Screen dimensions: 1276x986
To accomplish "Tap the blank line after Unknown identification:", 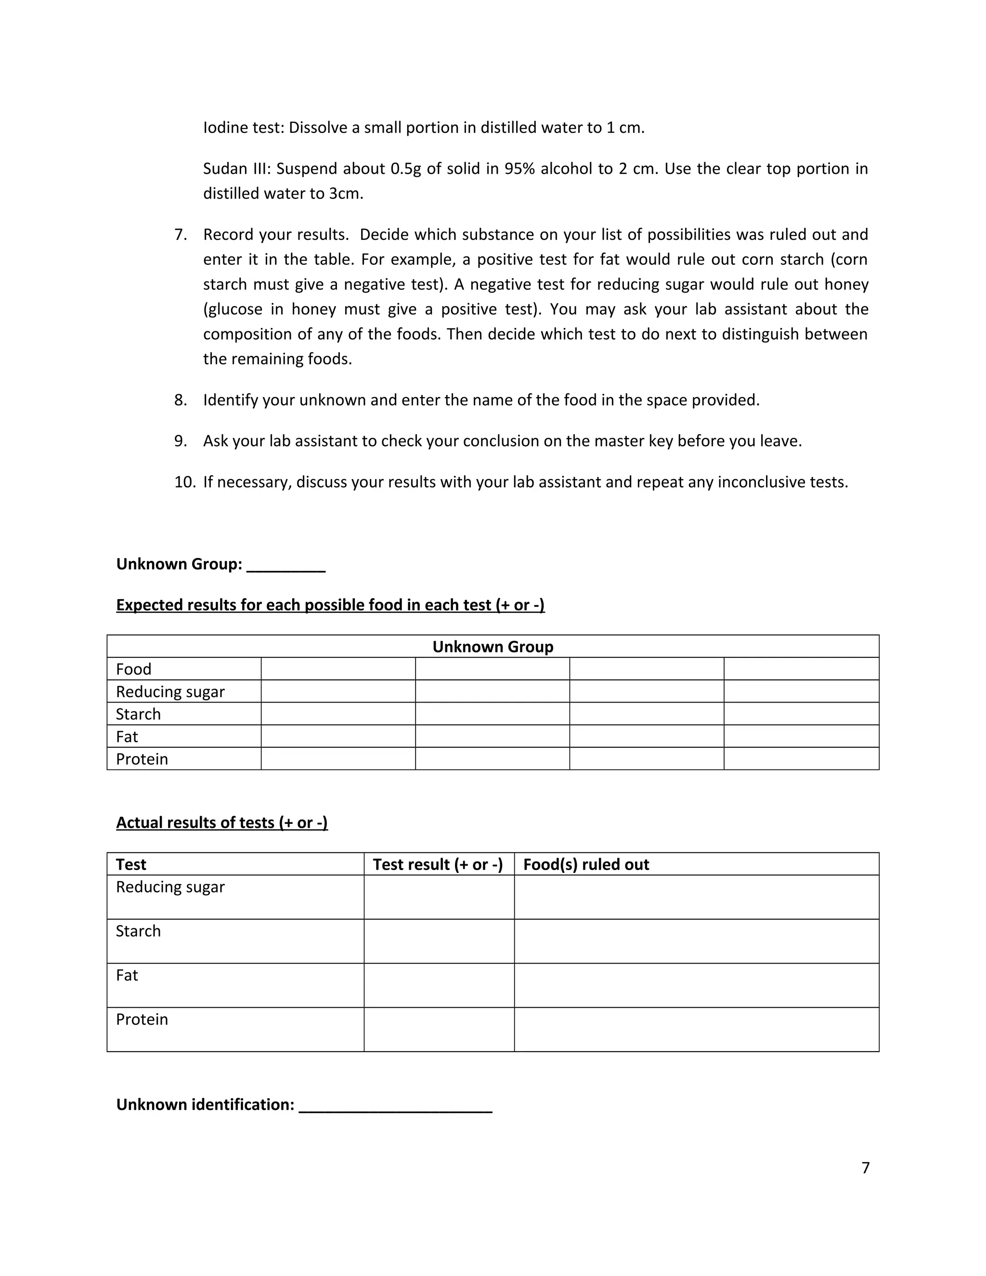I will [395, 1106].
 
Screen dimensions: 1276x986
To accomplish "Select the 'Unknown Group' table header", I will [493, 647].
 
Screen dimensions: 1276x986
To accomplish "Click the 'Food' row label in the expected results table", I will [134, 669].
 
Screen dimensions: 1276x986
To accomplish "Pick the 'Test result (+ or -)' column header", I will [438, 864].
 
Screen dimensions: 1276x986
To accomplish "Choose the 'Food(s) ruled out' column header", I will [586, 864].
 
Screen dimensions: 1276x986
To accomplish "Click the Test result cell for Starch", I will [439, 941].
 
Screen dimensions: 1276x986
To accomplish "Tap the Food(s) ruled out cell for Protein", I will [696, 1029].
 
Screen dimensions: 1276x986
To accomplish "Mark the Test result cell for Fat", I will [439, 985].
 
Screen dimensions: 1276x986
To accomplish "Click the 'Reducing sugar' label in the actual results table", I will [170, 887].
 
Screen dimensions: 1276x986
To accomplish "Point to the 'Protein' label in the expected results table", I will [142, 759].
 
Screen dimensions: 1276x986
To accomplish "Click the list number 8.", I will [181, 400].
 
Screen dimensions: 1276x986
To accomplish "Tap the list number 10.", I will [184, 482].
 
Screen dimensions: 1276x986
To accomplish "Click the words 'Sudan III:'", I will [236, 169].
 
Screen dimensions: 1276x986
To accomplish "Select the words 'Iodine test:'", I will [244, 128].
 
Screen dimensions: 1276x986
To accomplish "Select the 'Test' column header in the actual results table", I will [131, 864].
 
